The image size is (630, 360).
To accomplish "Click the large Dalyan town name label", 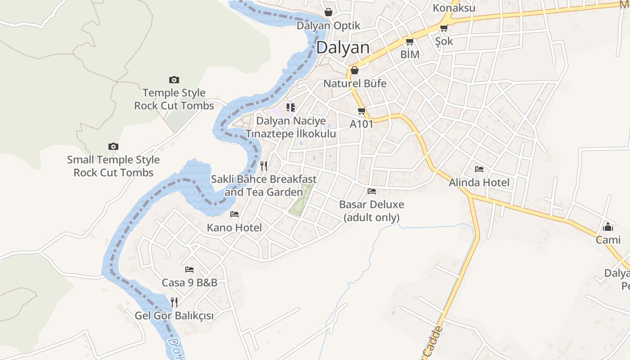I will [x=343, y=48].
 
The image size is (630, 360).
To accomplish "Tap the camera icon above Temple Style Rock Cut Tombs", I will [x=174, y=80].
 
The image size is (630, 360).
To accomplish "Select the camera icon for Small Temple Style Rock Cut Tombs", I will [x=113, y=147].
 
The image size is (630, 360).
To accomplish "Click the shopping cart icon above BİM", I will [x=409, y=42].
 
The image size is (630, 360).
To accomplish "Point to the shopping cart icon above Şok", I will [x=444, y=28].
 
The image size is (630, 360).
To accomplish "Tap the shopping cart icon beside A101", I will [x=361, y=111].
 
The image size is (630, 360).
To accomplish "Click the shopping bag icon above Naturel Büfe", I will [x=355, y=70].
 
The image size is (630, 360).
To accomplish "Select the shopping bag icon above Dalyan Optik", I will [x=328, y=12].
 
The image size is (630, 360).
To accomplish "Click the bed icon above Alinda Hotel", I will [x=479, y=169].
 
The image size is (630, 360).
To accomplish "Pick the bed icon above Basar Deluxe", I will [x=372, y=191].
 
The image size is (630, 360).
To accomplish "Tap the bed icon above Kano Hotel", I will [x=234, y=214].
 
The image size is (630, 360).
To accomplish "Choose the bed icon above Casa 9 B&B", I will [x=189, y=270].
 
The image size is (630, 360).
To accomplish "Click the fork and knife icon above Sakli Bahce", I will [x=264, y=166].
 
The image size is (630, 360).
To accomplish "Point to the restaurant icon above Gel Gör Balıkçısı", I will [x=174, y=302].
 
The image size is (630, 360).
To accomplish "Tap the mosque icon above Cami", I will [x=608, y=226].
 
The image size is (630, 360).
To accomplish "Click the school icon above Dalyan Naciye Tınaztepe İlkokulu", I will [x=291, y=108].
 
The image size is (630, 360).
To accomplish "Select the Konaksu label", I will [x=454, y=8].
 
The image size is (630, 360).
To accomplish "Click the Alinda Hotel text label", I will [x=479, y=183].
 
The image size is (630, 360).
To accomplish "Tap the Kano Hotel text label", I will [x=234, y=228].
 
